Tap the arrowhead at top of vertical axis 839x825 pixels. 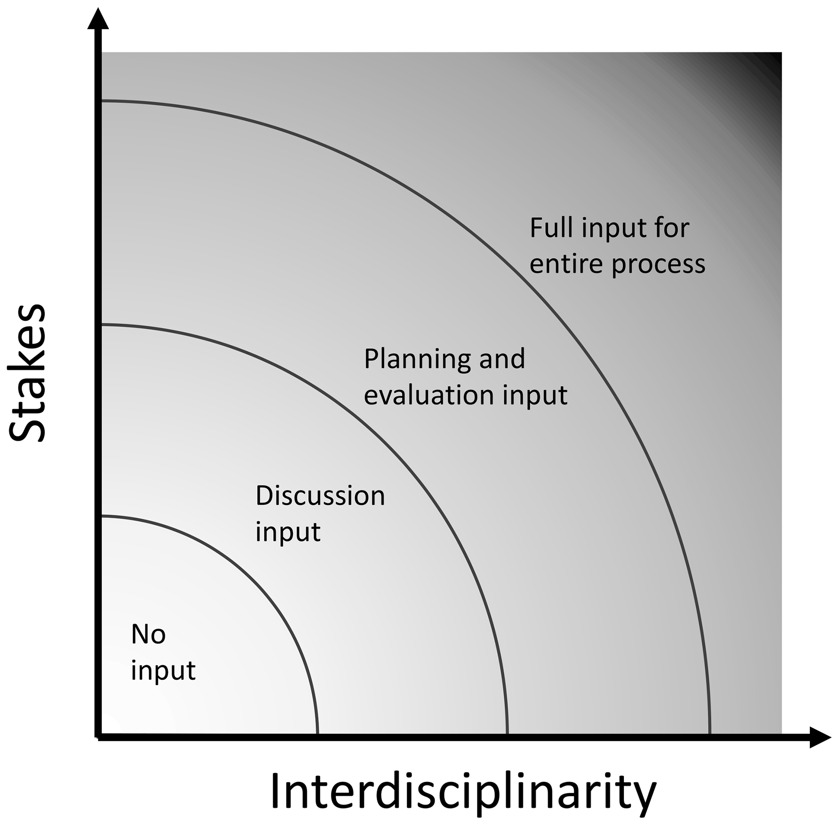tap(98, 19)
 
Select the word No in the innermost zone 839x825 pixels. tap(148, 635)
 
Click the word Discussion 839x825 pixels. tap(320, 496)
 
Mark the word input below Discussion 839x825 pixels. tap(288, 532)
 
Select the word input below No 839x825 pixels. tap(163, 671)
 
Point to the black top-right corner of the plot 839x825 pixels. tap(773, 61)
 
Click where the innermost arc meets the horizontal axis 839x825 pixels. tap(317, 735)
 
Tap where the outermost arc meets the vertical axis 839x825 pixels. tap(101, 102)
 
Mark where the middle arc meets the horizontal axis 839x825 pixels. tap(507, 735)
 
